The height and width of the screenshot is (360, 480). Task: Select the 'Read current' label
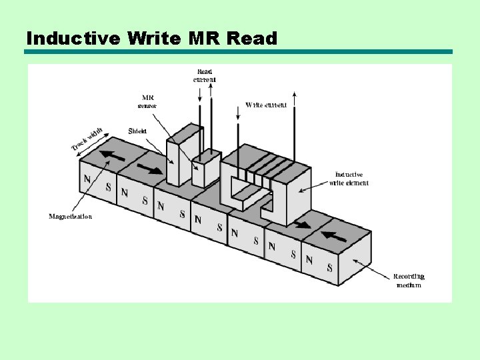point(205,75)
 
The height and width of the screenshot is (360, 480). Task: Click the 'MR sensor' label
point(147,101)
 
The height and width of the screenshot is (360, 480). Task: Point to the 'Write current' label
point(266,105)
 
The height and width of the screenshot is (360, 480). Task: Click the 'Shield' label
point(137,131)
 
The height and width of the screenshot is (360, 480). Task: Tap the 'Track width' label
point(87,138)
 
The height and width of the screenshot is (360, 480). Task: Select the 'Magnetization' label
point(71,216)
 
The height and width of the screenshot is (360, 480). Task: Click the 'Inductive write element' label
point(349,179)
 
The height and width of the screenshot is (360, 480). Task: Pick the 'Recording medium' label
point(409,281)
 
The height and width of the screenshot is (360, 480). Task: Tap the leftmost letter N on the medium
point(87,179)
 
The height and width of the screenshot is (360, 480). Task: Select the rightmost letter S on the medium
point(329,268)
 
